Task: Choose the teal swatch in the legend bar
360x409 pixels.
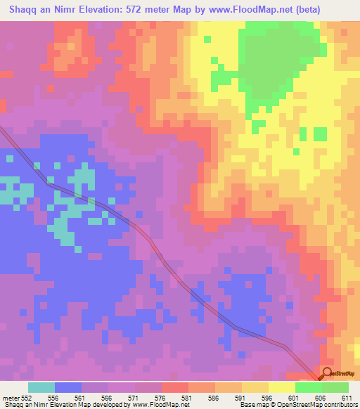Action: coord(41,387)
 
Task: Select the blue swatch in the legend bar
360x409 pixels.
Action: coord(68,387)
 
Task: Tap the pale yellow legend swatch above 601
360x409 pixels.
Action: coord(281,387)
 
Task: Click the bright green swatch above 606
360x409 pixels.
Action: coord(308,387)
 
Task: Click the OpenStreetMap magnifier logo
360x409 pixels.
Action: coord(327,373)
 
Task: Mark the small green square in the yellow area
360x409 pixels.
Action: coord(320,134)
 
